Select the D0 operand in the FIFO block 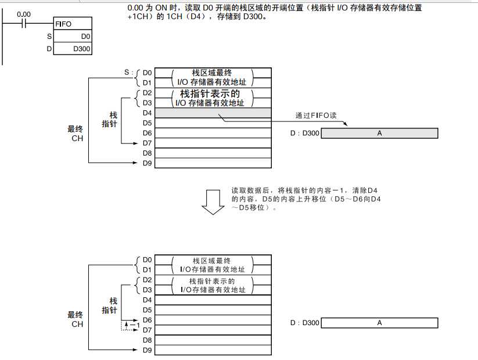click(x=85, y=37)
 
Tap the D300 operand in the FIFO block click(x=82, y=49)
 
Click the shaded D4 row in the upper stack click(x=213, y=113)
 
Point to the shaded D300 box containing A click(x=379, y=134)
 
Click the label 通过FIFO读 click(x=316, y=115)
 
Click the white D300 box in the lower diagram click(x=379, y=323)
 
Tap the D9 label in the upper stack click(x=147, y=163)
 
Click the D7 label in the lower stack click(x=147, y=330)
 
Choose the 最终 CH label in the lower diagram click(x=76, y=319)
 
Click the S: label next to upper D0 click(x=129, y=73)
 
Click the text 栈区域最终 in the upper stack click(x=212, y=73)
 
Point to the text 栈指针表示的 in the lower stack click(x=212, y=280)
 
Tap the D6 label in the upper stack click(x=147, y=133)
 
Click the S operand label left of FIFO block click(x=49, y=37)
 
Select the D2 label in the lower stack click(x=147, y=280)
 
